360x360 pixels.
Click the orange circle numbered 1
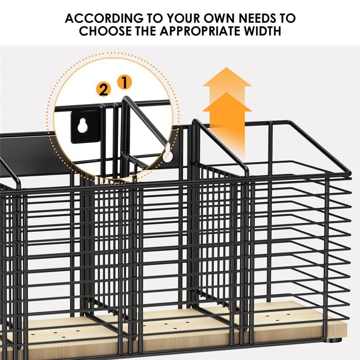coord(125,82)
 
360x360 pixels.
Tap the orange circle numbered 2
coord(103,89)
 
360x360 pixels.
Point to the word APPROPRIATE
coord(200,31)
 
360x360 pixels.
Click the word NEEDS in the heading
coord(257,18)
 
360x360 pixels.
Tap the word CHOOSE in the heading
coord(105,31)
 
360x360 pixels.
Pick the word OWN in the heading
coord(219,18)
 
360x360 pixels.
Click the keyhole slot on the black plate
coord(81,126)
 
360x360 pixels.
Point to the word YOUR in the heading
coord(183,18)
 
